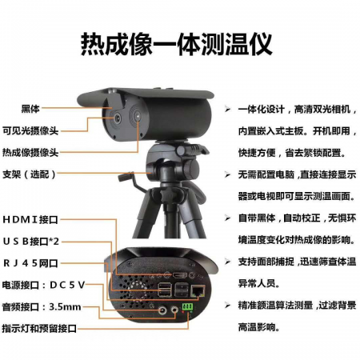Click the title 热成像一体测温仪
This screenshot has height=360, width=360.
click(x=176, y=44)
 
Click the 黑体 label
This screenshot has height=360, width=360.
click(x=30, y=109)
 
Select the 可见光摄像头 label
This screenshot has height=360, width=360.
click(x=30, y=130)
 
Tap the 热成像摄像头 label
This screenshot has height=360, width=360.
click(x=30, y=152)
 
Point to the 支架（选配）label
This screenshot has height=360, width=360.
click(x=30, y=174)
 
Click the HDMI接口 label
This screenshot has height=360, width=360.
click(x=30, y=219)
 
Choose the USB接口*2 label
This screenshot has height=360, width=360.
click(x=30, y=242)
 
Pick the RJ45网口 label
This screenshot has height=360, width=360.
click(x=30, y=263)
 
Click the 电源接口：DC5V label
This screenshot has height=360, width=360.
click(x=43, y=285)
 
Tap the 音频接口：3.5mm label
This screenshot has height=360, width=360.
click(x=42, y=307)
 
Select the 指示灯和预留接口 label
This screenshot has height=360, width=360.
click(x=39, y=329)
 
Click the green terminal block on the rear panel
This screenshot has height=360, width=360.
click(x=187, y=306)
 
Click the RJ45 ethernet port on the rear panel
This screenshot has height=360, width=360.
click(x=198, y=290)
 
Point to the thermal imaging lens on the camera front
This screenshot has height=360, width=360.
click(x=138, y=115)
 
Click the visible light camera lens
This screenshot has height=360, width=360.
click(x=118, y=118)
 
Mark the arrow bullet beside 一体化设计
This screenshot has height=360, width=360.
click(x=227, y=109)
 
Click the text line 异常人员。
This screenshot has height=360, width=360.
click(x=259, y=283)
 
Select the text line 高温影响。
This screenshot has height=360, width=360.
click(x=259, y=327)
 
